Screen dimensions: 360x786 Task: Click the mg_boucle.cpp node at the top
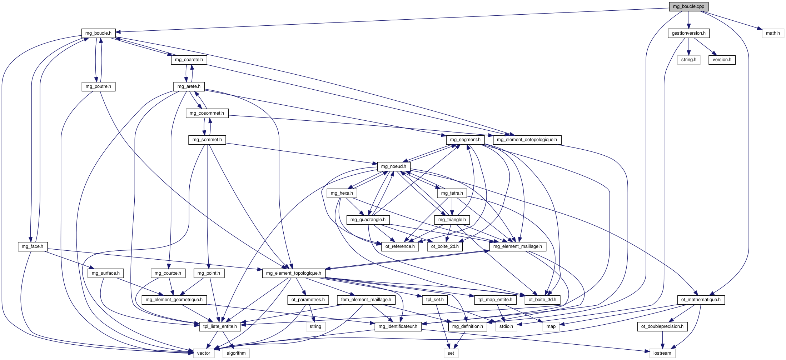(x=688, y=6)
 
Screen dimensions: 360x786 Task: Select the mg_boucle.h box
(x=98, y=33)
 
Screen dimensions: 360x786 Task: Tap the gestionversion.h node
(x=688, y=33)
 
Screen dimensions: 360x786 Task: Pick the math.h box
(x=773, y=33)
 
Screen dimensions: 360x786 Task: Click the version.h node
(x=722, y=60)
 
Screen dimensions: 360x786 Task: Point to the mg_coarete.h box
(x=189, y=60)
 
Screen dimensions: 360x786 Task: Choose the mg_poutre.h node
(x=98, y=86)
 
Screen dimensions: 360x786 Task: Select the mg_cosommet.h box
(x=207, y=113)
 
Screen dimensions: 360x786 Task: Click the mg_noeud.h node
(x=393, y=166)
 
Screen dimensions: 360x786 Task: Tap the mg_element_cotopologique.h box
(x=527, y=140)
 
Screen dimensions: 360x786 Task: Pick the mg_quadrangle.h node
(x=368, y=220)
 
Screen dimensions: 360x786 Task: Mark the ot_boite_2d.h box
(x=445, y=246)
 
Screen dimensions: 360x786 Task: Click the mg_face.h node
(x=32, y=246)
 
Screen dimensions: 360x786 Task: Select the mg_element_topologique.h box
(x=294, y=273)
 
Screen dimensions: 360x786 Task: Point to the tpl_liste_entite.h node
(x=220, y=326)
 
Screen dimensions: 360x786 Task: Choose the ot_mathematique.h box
(x=701, y=300)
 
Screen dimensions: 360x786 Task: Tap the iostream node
(x=662, y=353)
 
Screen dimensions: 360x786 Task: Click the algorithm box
(x=236, y=353)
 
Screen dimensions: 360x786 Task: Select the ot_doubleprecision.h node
(x=662, y=326)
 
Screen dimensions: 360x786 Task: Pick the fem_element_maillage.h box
(x=366, y=300)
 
